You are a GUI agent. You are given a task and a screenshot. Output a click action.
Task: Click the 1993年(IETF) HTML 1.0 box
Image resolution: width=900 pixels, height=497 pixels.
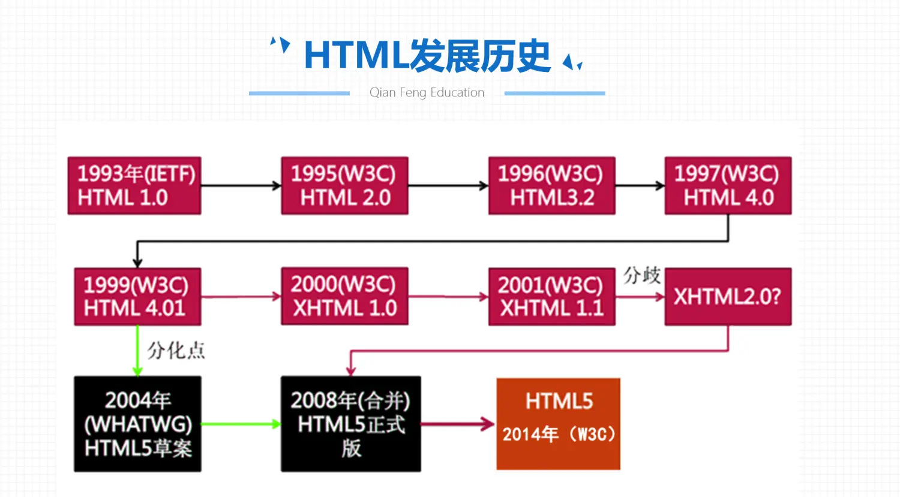(134, 186)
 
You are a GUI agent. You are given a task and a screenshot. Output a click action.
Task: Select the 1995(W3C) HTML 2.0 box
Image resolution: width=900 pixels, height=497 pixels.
(344, 186)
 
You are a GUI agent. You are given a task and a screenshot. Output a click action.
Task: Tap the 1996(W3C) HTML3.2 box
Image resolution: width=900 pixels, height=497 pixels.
(551, 186)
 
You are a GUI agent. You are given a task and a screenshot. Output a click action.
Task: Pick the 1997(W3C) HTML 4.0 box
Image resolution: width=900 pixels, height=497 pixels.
(728, 186)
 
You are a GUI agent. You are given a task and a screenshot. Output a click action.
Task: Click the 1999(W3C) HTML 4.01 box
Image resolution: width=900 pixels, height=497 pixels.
(137, 297)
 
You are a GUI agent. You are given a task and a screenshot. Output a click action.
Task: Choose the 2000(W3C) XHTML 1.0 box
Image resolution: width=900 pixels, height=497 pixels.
(344, 296)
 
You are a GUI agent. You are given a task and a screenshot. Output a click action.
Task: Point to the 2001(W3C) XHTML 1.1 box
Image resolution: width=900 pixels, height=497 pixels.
(551, 297)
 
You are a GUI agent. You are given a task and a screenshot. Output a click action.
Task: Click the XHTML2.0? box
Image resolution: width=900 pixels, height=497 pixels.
(728, 297)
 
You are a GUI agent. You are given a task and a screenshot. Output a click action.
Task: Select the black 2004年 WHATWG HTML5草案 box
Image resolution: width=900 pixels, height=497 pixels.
(137, 424)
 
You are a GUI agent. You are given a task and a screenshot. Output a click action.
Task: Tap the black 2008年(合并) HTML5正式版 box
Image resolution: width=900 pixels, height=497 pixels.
(350, 424)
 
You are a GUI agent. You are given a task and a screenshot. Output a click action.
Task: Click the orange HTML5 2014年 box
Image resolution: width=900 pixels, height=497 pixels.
(558, 424)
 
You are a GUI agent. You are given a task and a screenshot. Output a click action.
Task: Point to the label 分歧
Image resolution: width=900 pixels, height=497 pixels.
(641, 276)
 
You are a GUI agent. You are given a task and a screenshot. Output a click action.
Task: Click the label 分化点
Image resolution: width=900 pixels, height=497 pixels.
(176, 350)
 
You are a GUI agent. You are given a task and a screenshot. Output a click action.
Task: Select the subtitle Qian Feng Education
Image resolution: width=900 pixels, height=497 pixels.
(427, 92)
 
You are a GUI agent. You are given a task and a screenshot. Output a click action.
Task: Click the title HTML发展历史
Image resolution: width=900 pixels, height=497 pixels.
(427, 56)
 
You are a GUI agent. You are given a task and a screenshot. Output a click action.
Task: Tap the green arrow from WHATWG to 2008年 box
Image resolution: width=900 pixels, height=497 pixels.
(241, 424)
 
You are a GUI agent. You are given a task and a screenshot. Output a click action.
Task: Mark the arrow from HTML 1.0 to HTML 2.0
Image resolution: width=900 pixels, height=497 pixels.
(241, 186)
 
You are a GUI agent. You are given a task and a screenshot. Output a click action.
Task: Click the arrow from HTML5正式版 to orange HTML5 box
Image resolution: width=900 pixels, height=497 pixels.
(458, 424)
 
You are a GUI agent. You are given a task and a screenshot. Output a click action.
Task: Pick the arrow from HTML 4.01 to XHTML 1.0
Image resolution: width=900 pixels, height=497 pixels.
(241, 296)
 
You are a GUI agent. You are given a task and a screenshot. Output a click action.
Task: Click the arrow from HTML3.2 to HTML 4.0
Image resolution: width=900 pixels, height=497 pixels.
(640, 186)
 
